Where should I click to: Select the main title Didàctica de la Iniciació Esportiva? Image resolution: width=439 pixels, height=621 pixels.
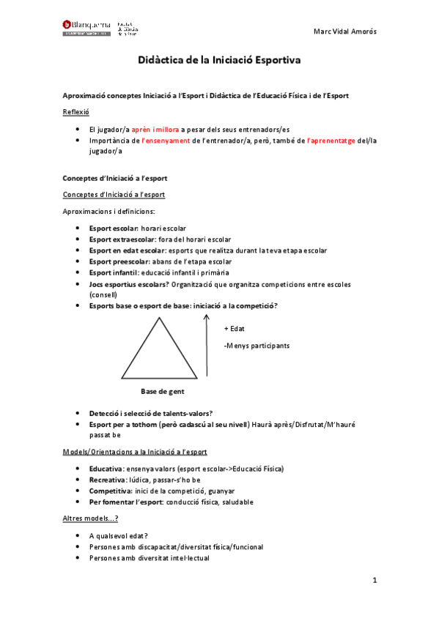pyautogui.click(x=219, y=62)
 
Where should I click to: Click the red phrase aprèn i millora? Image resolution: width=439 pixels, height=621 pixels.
pyautogui.click(x=155, y=129)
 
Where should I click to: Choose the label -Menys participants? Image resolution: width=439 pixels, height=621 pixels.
pyautogui.click(x=257, y=346)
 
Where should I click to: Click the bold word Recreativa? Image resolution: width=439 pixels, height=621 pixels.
pyautogui.click(x=107, y=479)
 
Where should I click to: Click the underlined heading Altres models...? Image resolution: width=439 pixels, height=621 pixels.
pyautogui.click(x=91, y=518)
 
